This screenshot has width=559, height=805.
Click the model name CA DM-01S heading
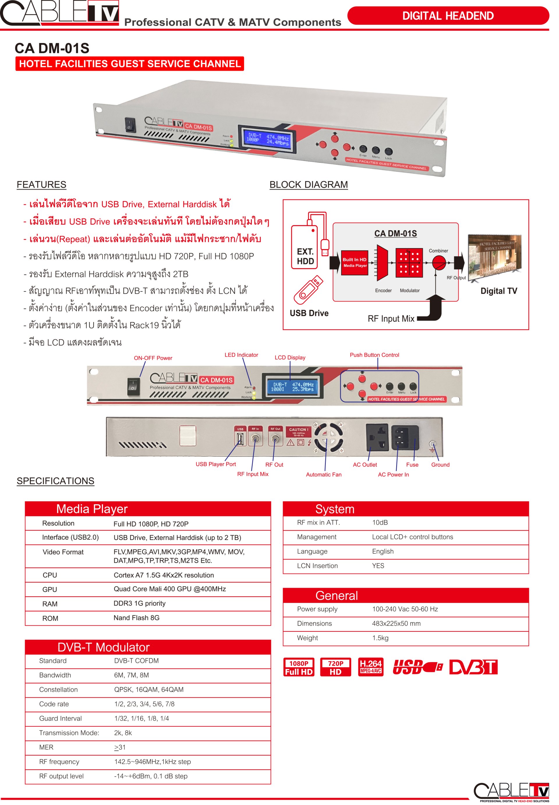tap(52, 48)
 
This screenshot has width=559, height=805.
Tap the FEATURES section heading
tap(41, 185)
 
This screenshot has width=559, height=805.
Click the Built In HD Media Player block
tap(354, 263)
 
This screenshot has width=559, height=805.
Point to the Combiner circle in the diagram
tap(438, 262)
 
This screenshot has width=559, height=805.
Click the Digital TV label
tap(498, 291)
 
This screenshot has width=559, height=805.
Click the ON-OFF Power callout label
tap(153, 358)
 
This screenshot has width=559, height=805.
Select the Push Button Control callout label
tap(374, 355)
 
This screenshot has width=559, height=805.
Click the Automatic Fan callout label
tap(324, 475)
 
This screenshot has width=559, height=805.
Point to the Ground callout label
tap(440, 465)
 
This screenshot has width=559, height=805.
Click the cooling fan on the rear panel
tap(328, 437)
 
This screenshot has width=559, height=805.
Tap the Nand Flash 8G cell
tap(136, 618)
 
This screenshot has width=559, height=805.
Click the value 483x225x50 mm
tap(396, 623)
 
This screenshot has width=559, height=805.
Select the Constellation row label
tap(59, 689)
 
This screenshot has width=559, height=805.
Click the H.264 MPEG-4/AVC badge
tap(371, 667)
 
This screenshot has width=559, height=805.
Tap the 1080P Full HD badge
tap(298, 667)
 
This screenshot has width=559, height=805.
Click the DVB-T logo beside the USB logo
tap(473, 667)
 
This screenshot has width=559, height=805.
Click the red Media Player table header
tap(148, 509)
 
